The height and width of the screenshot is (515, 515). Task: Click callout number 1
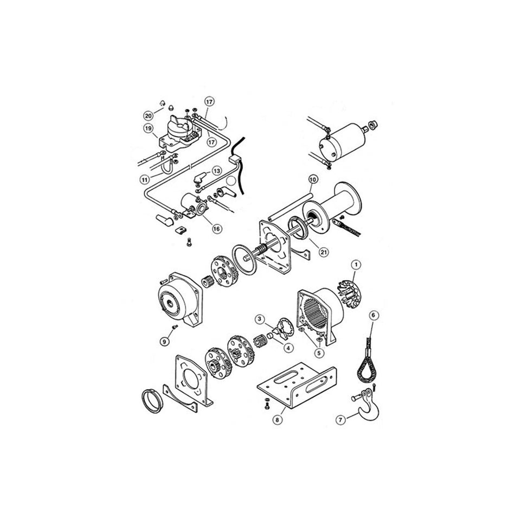click(356, 264)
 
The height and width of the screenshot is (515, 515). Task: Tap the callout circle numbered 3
click(260, 318)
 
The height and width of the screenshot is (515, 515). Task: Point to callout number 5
click(319, 352)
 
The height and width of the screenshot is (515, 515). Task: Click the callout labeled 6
click(374, 314)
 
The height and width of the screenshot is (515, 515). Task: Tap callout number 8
click(278, 419)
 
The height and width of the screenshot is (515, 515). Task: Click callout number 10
click(313, 179)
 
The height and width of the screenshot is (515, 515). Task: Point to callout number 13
click(216, 171)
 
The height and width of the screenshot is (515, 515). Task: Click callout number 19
click(147, 128)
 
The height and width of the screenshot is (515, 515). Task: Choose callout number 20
click(147, 114)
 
